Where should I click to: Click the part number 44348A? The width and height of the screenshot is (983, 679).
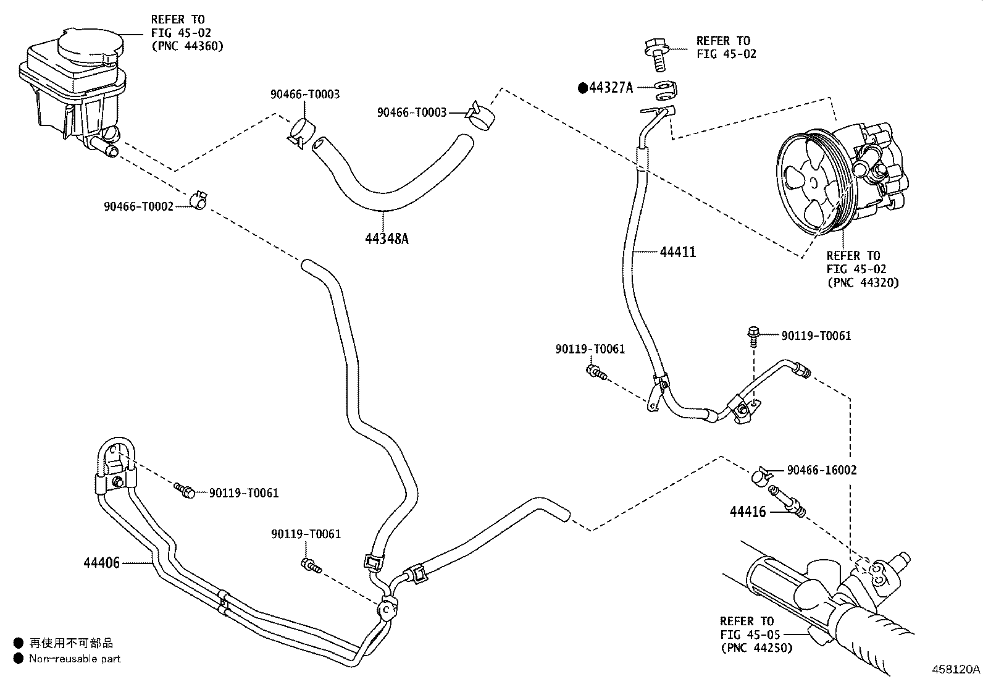[x=387, y=238]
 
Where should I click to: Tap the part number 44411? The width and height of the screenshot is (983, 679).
[x=678, y=251]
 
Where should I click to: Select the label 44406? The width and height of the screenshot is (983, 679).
[x=101, y=563]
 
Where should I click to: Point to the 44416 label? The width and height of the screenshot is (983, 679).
[x=747, y=512]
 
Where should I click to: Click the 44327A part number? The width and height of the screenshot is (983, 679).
[x=611, y=88]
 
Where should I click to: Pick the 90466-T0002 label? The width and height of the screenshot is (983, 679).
[x=139, y=206]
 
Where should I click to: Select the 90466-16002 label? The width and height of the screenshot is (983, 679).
[x=821, y=470]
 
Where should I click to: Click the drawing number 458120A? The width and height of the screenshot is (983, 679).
[x=956, y=669]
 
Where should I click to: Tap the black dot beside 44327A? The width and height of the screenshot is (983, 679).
[x=583, y=88]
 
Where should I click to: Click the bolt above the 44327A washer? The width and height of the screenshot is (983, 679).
[x=658, y=55]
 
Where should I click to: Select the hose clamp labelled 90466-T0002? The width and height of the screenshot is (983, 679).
[x=199, y=200]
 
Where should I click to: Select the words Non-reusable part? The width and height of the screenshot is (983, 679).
[x=75, y=659]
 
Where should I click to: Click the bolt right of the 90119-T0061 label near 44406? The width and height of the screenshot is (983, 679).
[x=184, y=491]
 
